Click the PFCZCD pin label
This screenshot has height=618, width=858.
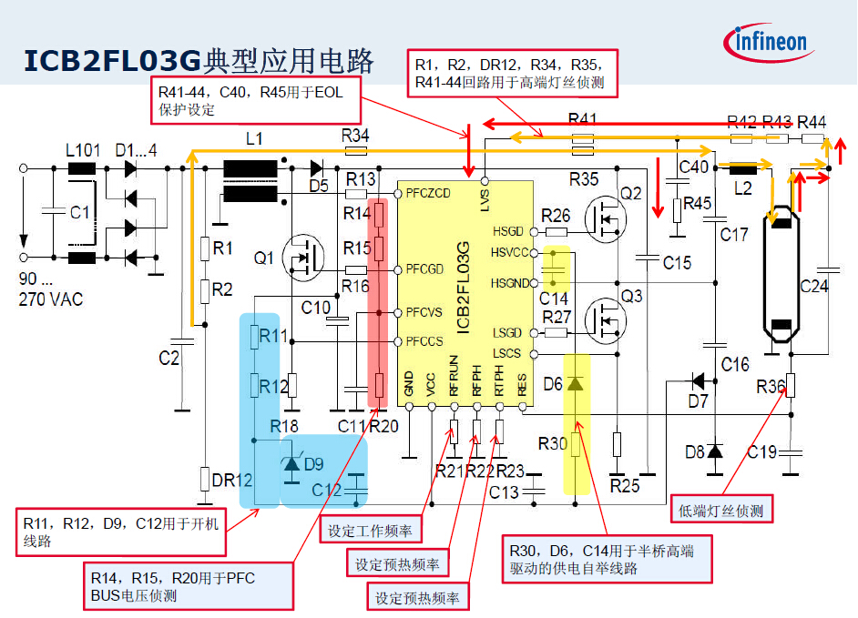pos(428,194)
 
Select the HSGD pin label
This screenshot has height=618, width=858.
pos(508,231)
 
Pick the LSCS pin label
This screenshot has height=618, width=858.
pos(508,353)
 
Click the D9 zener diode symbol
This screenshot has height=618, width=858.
pos(291,464)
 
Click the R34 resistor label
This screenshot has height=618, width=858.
pos(356,135)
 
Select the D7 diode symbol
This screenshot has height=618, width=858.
pos(700,381)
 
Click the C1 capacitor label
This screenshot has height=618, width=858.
pos(80,212)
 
